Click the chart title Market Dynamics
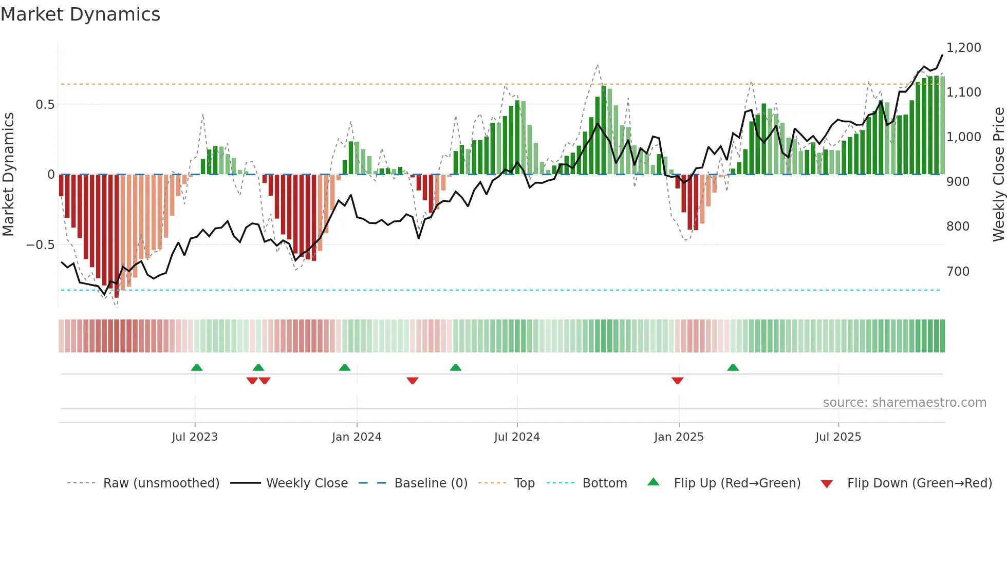pyautogui.click(x=80, y=14)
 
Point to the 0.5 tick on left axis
pyautogui.click(x=45, y=105)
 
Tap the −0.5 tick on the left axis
pyautogui.click(x=40, y=245)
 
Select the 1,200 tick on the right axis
pyautogui.click(x=963, y=48)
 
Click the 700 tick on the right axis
pyautogui.click(x=958, y=272)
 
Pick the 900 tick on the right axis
pyautogui.click(x=958, y=182)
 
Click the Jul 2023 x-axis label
pyautogui.click(x=195, y=437)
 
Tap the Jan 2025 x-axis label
pyautogui.click(x=679, y=437)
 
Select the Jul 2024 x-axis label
pyautogui.click(x=517, y=437)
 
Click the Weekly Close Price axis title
pyautogui.click(x=998, y=175)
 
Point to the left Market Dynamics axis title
pyautogui.click(x=8, y=175)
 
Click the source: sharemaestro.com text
pyautogui.click(x=904, y=403)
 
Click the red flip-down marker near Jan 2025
pyautogui.click(x=677, y=381)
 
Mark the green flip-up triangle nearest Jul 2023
pyautogui.click(x=196, y=367)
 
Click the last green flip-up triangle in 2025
pyautogui.click(x=733, y=367)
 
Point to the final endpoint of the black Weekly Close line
pyautogui.click(x=942, y=55)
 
